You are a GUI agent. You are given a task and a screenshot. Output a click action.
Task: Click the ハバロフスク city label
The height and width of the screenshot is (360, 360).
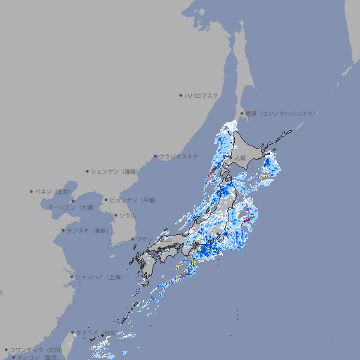point(202,96)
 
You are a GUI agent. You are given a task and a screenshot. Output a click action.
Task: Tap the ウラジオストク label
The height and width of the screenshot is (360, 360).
point(179,156)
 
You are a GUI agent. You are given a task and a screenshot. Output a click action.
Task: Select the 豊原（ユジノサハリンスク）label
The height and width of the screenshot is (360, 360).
point(280,113)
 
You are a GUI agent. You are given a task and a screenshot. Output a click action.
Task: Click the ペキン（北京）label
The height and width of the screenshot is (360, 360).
point(54,191)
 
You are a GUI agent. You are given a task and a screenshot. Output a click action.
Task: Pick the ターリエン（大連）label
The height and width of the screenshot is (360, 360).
point(70,207)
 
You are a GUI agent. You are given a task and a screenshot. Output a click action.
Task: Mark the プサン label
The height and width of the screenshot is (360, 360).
point(143,240)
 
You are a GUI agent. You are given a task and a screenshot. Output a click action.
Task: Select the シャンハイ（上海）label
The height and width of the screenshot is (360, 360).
point(98,277)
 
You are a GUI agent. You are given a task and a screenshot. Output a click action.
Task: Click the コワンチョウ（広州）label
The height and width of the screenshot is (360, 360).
point(36,349)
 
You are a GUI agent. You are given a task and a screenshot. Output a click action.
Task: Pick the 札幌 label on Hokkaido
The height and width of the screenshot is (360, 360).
point(240,158)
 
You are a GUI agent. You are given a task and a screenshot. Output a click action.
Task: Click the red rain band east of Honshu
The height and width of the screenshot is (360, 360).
point(246,220)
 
